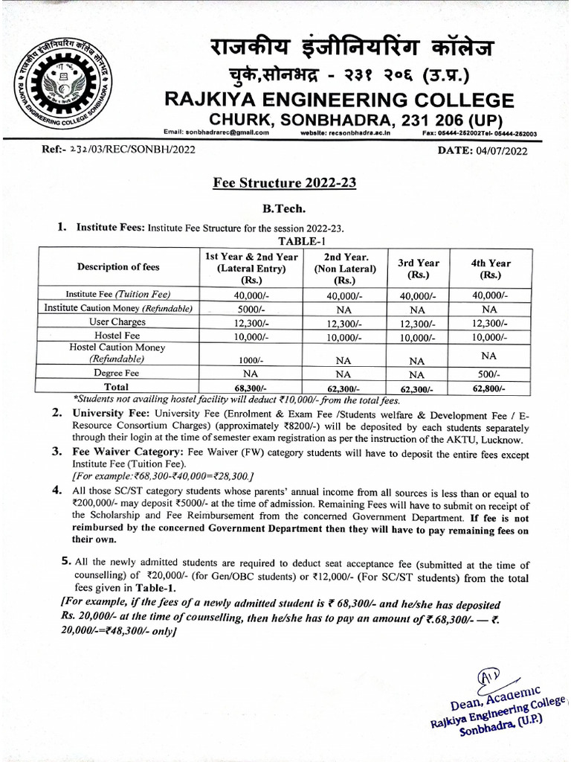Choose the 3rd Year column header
pyautogui.click(x=418, y=269)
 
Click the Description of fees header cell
pyautogui.click(x=118, y=267)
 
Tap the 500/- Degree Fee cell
pyautogui.click(x=489, y=374)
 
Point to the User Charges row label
pyautogui.click(x=118, y=322)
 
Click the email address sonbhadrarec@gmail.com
pyautogui.click(x=216, y=132)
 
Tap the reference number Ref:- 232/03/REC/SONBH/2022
pyautogui.click(x=119, y=151)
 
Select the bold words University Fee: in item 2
pyautogui.click(x=110, y=412)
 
